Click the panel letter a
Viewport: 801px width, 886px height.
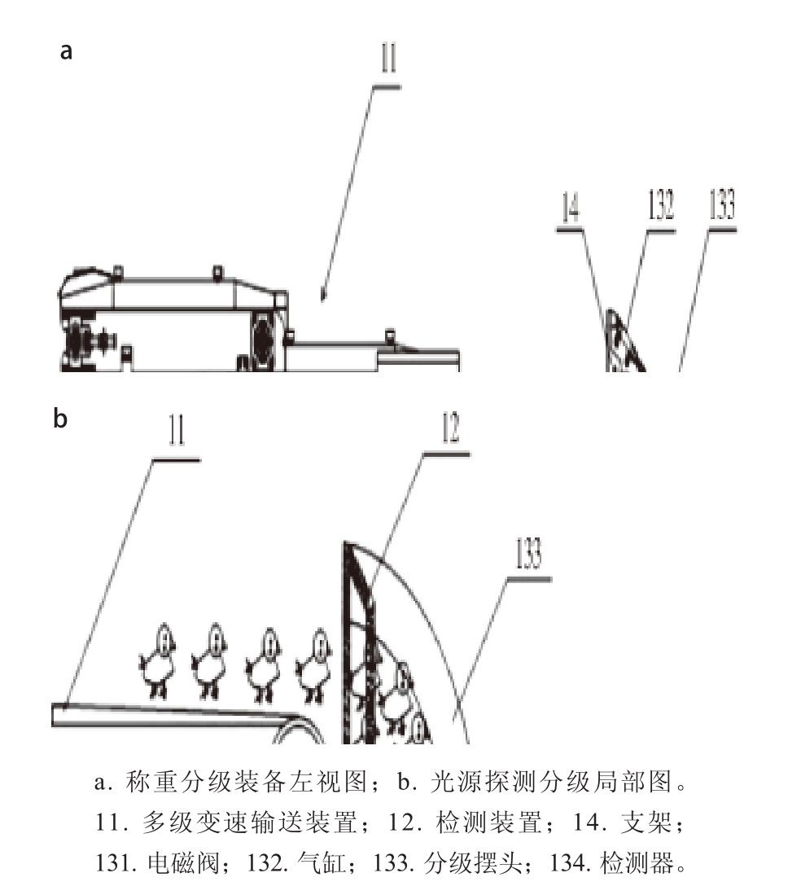[66, 50]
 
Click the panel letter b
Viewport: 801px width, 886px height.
[60, 418]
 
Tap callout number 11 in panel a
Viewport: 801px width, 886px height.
[388, 58]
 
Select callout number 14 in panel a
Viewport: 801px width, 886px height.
[570, 207]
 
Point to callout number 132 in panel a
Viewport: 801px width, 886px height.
[660, 204]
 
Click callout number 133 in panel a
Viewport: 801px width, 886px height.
[721, 204]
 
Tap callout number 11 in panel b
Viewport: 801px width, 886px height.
[177, 431]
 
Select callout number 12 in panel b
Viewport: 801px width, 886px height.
[449, 428]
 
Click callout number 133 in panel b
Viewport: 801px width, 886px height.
[528, 553]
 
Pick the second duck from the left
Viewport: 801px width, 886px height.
[209, 661]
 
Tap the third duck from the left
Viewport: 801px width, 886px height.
[263, 664]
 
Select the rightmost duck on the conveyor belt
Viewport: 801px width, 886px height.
[313, 664]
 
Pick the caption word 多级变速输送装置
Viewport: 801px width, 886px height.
[250, 822]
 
